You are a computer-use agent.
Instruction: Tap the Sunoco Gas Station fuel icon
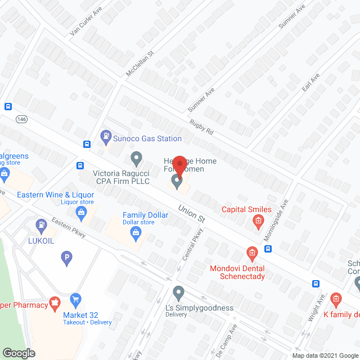pyautogui.click(x=105, y=136)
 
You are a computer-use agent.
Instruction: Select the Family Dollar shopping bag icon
pyautogui.click(x=136, y=236)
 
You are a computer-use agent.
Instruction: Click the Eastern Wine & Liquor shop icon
pyautogui.click(x=81, y=211)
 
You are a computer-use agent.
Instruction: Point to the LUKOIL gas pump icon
pyautogui.click(x=40, y=224)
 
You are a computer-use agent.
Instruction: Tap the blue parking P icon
pyautogui.click(x=66, y=258)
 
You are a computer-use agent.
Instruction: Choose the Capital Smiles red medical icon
pyautogui.click(x=258, y=220)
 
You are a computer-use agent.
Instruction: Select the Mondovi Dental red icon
pyautogui.click(x=251, y=251)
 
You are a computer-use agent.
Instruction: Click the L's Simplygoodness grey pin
pyautogui.click(x=179, y=292)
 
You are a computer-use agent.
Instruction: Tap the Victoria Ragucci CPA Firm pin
pyautogui.click(x=136, y=157)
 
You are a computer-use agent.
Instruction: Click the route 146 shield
pyautogui.click(x=22, y=119)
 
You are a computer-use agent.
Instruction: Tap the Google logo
pyautogui.click(x=18, y=353)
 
